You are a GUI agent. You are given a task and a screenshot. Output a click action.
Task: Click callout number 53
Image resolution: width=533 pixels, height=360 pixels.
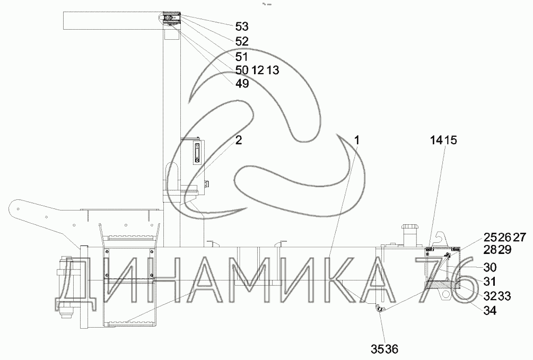pos(242,27)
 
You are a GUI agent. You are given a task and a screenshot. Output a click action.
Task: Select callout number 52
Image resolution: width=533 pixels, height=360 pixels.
pos(242,41)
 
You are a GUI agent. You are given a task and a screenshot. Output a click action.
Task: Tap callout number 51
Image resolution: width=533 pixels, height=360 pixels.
pos(241,56)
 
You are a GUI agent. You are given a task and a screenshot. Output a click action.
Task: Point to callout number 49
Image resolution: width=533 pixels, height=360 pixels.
pos(242,83)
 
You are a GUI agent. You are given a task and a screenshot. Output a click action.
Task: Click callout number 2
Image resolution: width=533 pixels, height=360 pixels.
pos(239,140)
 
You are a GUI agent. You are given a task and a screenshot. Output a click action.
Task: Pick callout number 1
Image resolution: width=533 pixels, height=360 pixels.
pos(356,140)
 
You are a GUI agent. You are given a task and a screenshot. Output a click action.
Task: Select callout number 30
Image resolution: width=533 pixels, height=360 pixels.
pos(490,267)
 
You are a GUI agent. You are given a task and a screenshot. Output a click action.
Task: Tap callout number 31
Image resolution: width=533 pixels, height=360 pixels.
pos(490,282)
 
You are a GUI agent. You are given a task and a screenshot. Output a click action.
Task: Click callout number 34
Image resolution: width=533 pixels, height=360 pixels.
pos(490,310)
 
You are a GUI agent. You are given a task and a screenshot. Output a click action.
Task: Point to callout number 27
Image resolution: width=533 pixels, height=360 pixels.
pos(520,238)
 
